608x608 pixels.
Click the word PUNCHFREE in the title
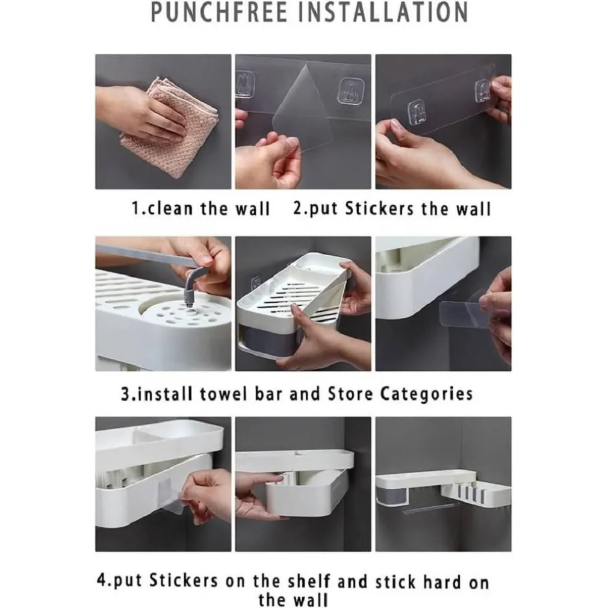click(219, 13)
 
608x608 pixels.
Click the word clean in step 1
click(170, 209)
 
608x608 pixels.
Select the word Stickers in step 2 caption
click(379, 209)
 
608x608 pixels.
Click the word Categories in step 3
click(426, 394)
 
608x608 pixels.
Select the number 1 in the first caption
click(135, 209)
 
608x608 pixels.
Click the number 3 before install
click(125, 394)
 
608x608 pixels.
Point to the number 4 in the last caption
click(101, 582)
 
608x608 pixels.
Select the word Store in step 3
click(350, 394)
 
